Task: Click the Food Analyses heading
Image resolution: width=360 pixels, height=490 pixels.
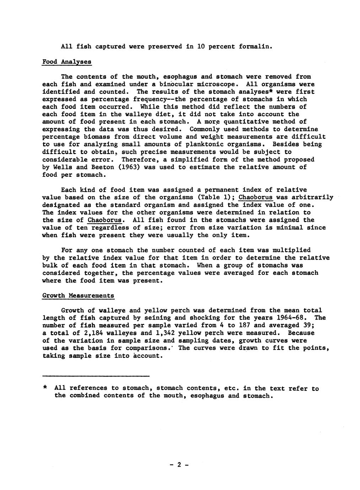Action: (x=67, y=62)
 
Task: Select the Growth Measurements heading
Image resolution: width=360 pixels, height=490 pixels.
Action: (x=78, y=295)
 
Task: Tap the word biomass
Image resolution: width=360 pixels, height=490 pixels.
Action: (x=101, y=137)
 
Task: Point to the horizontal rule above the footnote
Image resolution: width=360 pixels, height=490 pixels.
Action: (x=96, y=376)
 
